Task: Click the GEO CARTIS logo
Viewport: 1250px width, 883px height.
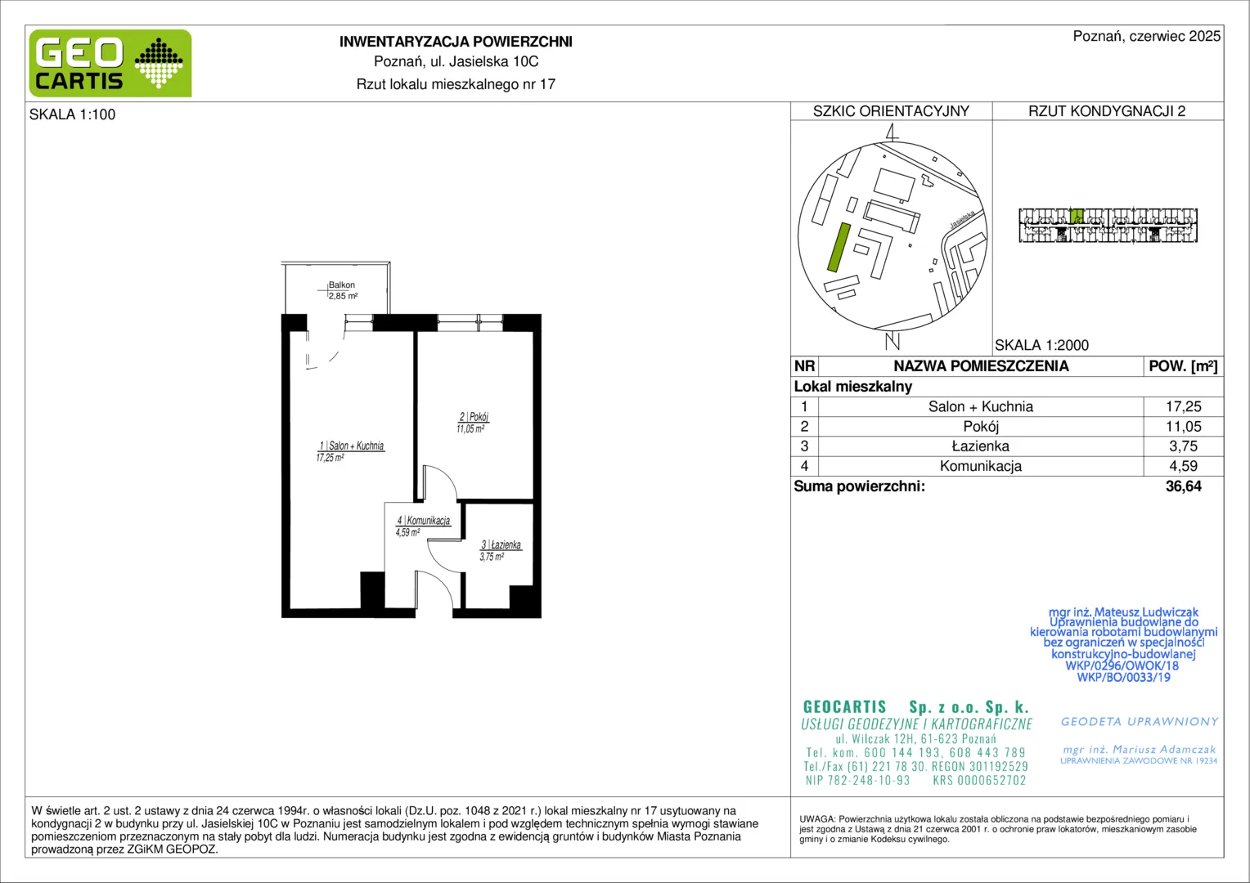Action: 110,64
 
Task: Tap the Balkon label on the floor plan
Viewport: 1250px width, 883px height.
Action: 341,285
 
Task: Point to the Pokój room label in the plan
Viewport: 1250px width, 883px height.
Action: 474,417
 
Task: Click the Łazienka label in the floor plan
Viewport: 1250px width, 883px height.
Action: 501,545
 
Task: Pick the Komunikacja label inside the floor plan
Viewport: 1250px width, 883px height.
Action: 424,521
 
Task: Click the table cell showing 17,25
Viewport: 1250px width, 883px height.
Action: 1183,406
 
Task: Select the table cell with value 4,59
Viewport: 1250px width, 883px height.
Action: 1183,466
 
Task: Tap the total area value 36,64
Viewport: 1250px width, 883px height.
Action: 1183,486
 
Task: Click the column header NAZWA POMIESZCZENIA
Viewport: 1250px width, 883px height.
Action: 981,366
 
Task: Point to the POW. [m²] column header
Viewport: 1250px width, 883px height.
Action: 1183,366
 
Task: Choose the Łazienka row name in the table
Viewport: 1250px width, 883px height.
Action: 981,446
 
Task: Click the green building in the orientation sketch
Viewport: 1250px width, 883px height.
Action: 839,247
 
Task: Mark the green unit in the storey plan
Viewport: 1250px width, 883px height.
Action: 1077,216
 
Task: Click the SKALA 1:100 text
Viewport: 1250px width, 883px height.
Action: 73,115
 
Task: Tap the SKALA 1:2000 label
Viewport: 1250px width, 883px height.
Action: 1042,345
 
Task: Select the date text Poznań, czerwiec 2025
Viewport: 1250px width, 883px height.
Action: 1147,36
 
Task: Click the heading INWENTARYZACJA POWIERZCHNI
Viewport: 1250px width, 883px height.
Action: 456,42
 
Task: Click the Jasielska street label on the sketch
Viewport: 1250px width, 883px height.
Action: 963,219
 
